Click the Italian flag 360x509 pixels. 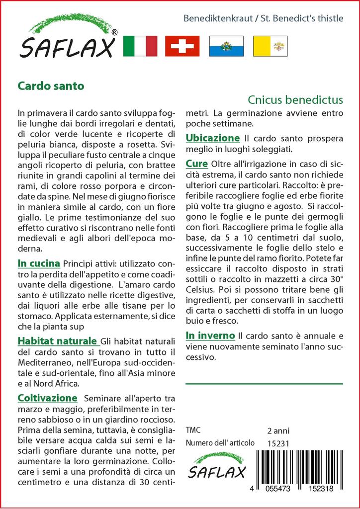point(140,46)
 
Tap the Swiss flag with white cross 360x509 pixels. point(182,46)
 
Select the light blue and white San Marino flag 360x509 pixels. point(226,46)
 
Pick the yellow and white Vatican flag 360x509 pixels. point(270,46)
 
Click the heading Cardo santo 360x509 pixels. point(51,85)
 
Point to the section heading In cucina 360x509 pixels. point(39,263)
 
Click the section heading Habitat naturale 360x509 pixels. point(57,341)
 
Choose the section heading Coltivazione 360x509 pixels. point(48,398)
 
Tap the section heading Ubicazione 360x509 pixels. point(213,138)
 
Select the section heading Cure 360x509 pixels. point(197,164)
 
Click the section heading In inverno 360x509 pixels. point(210,336)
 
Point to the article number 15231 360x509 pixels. point(278,443)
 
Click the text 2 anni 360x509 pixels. point(278,430)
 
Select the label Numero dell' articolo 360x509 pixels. point(220,443)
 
